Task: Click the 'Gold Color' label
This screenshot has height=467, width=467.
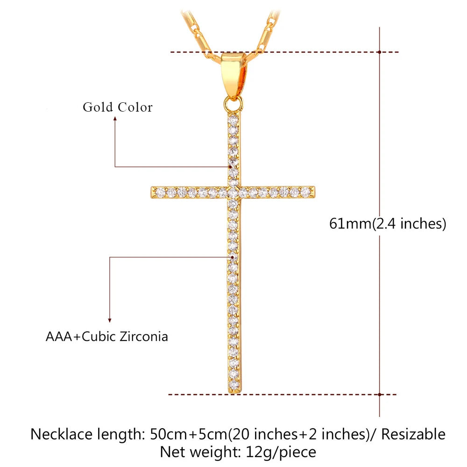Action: tap(118, 107)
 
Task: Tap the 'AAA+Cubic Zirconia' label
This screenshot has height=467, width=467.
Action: tap(106, 336)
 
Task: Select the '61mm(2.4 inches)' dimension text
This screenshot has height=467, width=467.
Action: tap(388, 224)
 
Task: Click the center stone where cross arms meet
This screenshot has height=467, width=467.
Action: tap(233, 191)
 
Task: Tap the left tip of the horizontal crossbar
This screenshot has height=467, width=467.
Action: tap(153, 191)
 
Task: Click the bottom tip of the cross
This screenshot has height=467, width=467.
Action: tap(234, 391)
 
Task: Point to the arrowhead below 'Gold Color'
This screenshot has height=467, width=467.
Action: tap(115, 120)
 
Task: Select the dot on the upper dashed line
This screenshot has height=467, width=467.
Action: tap(380, 52)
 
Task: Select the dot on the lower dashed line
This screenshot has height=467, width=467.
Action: tap(380, 395)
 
